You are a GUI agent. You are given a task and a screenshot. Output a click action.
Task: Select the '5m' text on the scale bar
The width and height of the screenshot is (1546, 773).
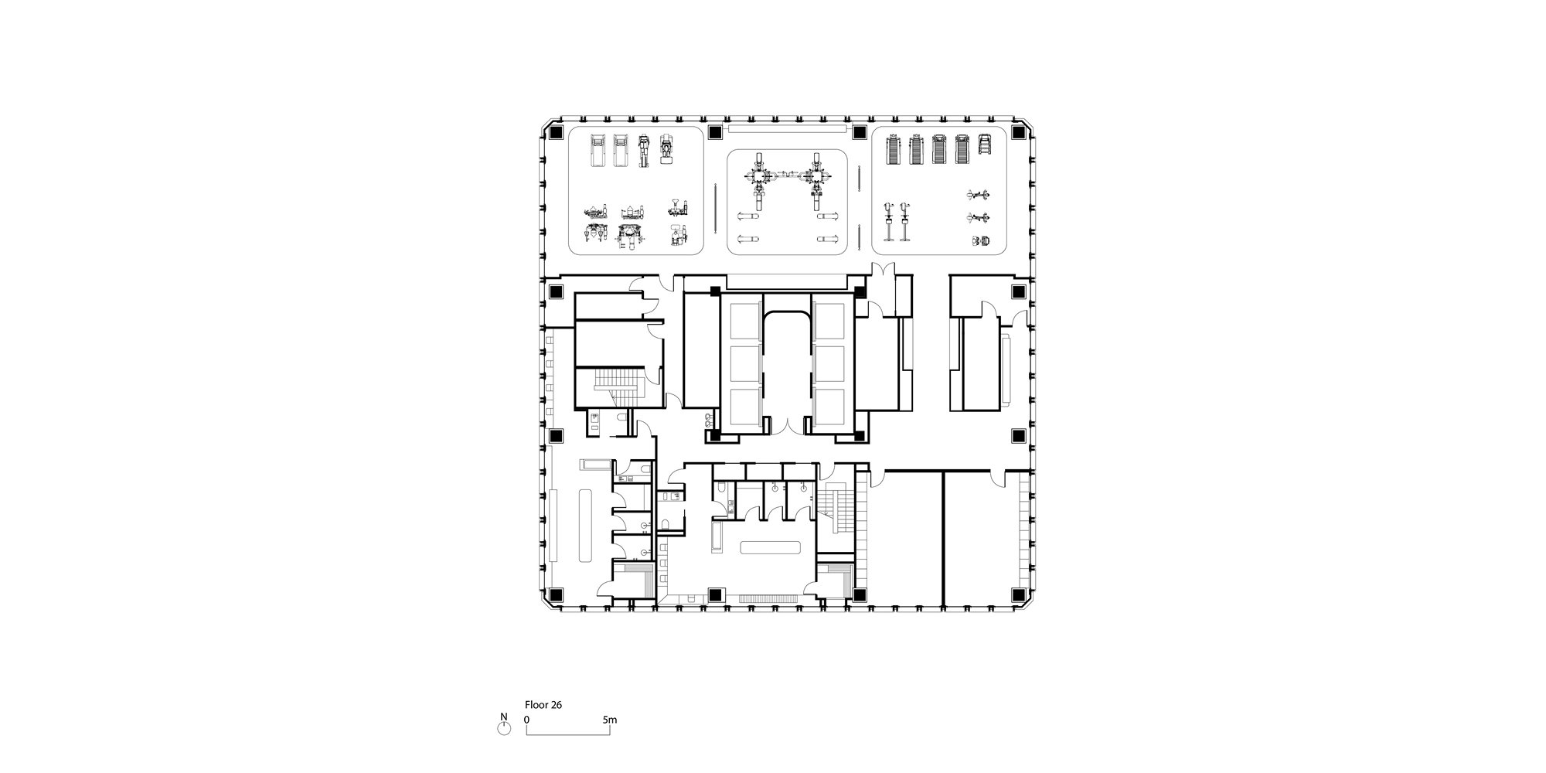(x=610, y=720)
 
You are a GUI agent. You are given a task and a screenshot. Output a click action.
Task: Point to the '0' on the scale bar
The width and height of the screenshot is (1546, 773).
(x=527, y=720)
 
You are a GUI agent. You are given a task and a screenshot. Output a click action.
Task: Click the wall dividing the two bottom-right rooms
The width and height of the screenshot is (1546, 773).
(x=943, y=538)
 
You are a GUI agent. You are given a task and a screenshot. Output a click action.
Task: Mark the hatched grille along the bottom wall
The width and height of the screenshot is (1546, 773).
(x=769, y=598)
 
